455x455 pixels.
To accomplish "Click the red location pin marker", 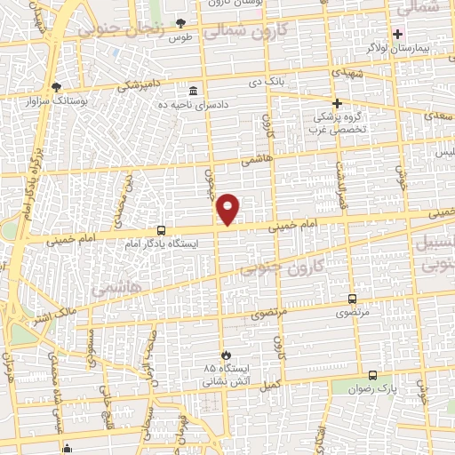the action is [x=228, y=209].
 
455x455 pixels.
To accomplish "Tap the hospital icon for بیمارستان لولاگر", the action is [x=398, y=34].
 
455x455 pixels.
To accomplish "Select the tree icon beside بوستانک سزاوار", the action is [x=57, y=87].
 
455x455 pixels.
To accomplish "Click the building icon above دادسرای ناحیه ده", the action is [x=194, y=91].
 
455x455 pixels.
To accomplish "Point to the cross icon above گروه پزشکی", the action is [x=337, y=103].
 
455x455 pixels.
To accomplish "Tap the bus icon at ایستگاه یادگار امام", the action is [x=160, y=228].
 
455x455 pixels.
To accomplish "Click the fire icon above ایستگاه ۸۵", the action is [x=225, y=355].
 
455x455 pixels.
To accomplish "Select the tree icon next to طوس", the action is [x=180, y=23].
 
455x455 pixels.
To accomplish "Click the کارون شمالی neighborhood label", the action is [x=245, y=32].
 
